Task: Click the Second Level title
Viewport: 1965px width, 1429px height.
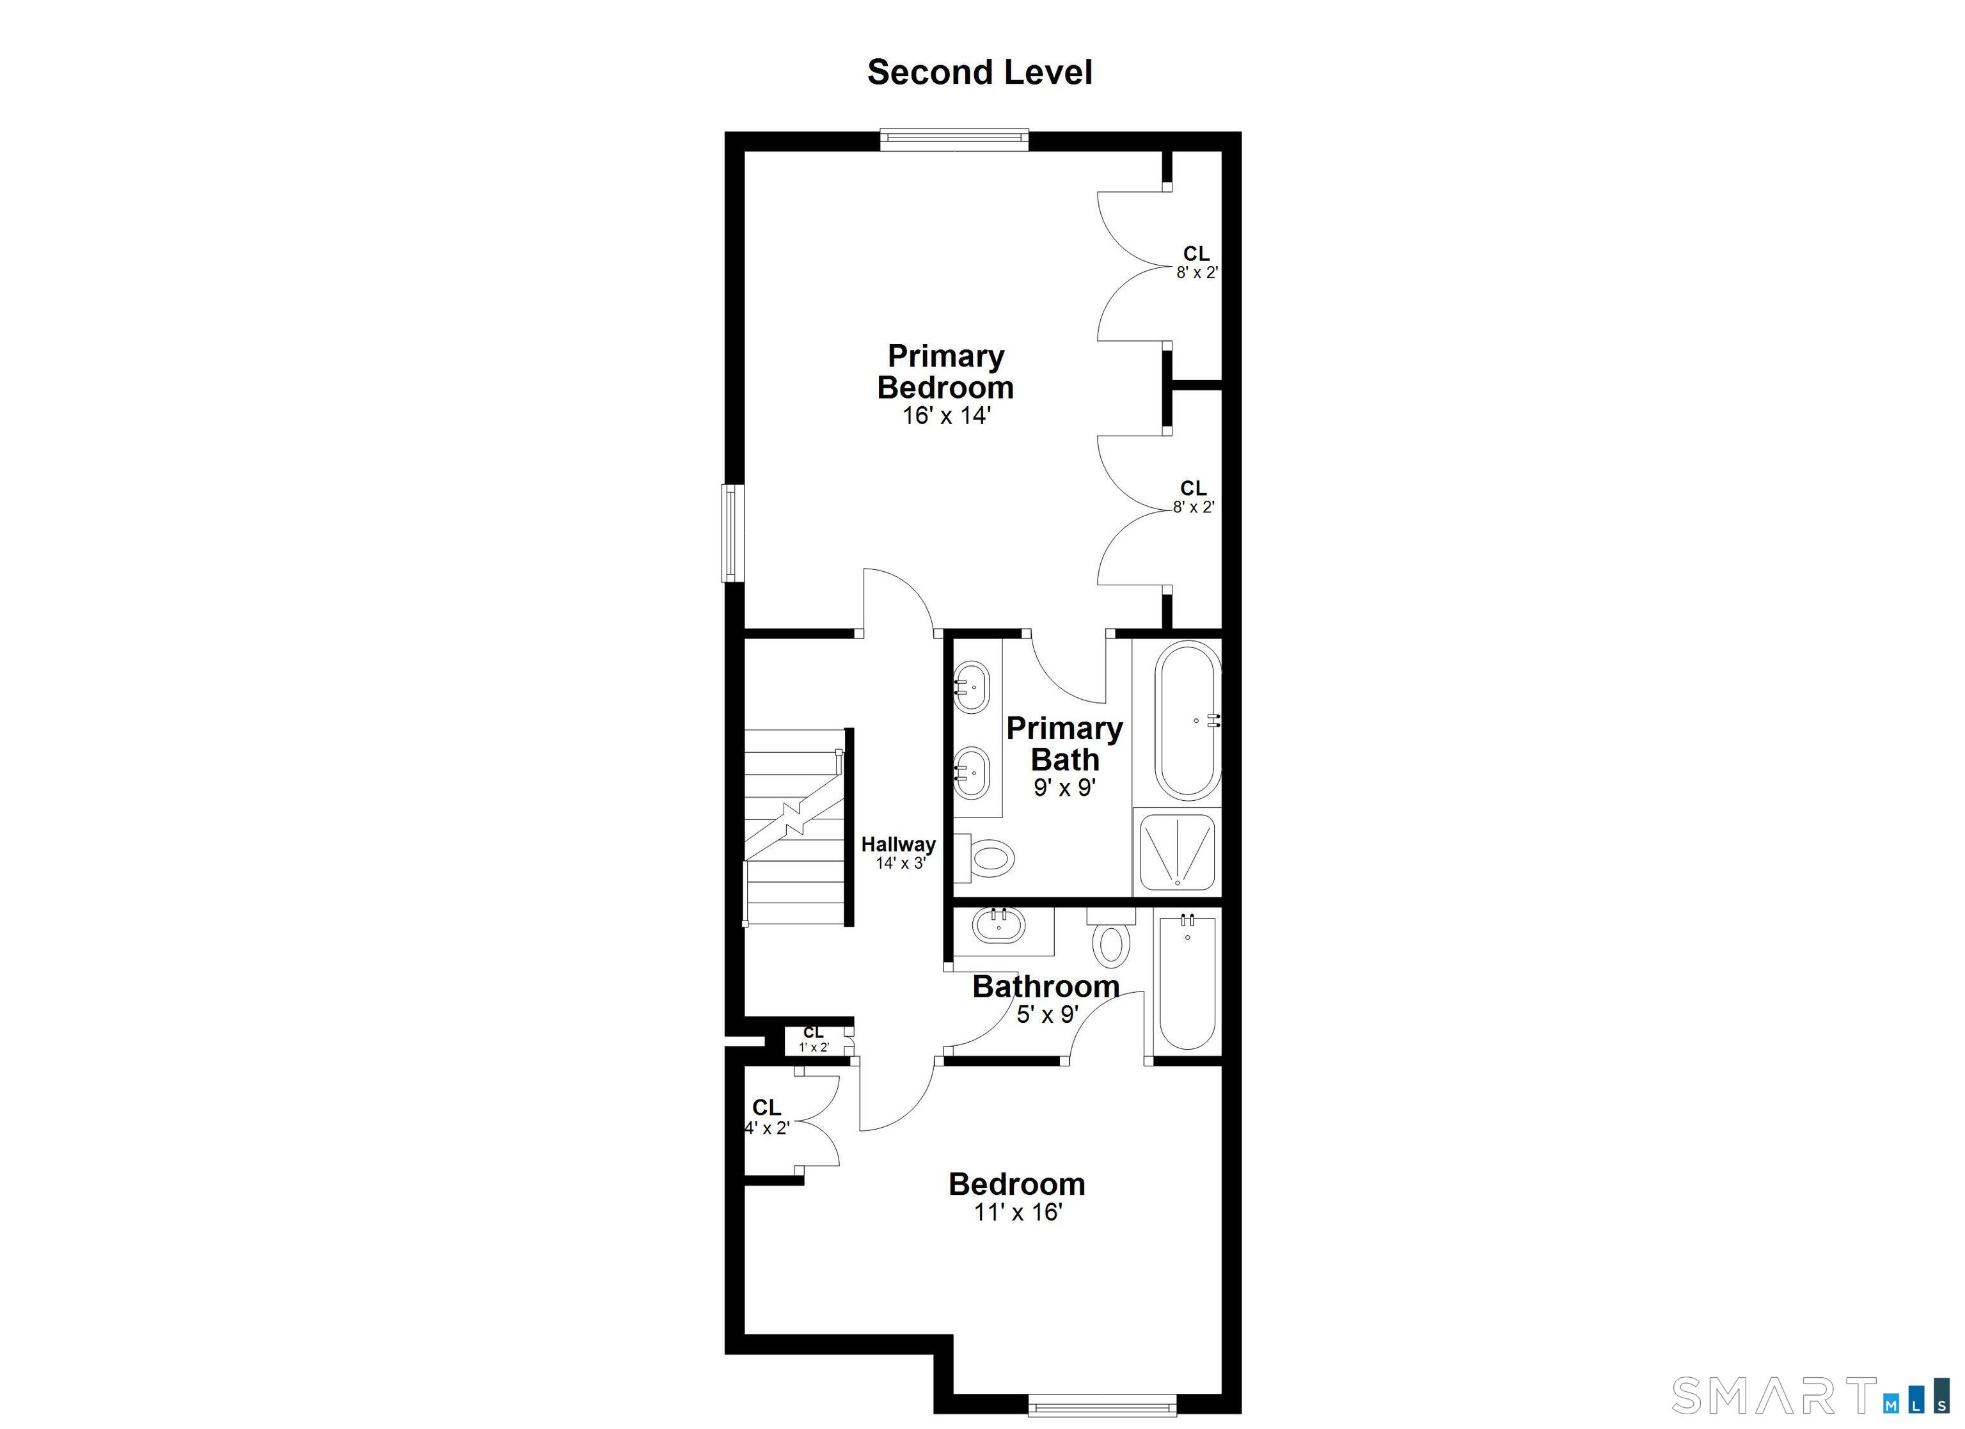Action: (x=980, y=72)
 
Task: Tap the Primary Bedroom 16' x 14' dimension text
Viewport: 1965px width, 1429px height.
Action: (x=946, y=416)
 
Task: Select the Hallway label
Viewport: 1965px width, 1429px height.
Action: (x=899, y=844)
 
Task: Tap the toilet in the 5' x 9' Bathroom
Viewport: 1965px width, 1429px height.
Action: (x=1110, y=938)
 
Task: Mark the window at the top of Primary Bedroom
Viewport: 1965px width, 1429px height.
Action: (x=954, y=139)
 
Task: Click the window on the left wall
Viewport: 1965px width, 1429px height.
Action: (x=734, y=532)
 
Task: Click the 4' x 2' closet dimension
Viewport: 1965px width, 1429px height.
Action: (x=768, y=1128)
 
